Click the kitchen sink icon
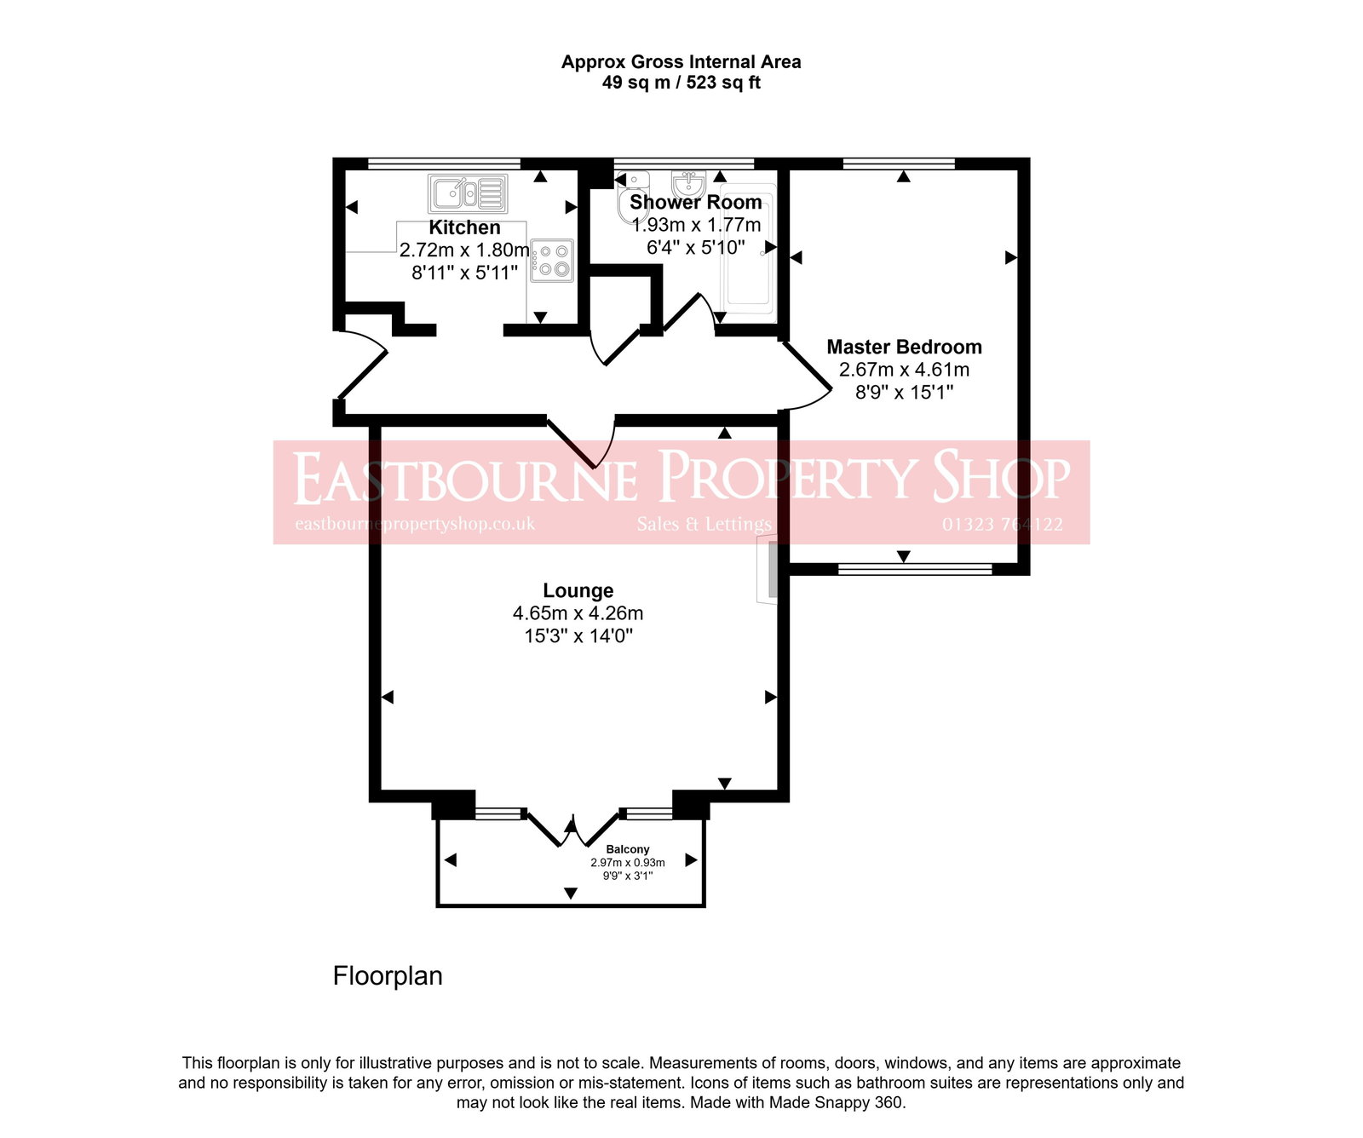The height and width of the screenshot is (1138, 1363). (x=468, y=193)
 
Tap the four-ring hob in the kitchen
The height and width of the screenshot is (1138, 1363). (x=553, y=261)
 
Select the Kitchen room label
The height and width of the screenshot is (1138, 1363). (x=464, y=227)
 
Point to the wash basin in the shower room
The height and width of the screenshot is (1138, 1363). (x=688, y=184)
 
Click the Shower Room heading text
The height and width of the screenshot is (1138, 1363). (x=695, y=202)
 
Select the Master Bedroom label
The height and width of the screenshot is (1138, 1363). (x=904, y=347)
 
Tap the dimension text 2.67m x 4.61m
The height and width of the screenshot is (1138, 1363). (x=904, y=370)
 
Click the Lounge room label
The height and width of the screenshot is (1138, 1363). (x=578, y=590)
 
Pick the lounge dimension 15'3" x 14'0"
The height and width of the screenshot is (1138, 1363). (x=578, y=635)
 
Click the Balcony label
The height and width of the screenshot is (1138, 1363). (x=627, y=849)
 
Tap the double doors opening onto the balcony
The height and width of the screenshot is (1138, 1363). (x=572, y=829)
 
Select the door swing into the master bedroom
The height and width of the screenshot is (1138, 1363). (x=806, y=375)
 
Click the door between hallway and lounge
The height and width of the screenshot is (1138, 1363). (x=581, y=443)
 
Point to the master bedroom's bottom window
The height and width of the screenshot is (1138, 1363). (x=915, y=568)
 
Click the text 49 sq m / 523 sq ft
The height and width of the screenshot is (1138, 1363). (x=681, y=83)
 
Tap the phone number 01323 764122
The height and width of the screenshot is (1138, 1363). (x=1002, y=525)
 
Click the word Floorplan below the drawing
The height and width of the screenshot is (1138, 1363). (x=388, y=976)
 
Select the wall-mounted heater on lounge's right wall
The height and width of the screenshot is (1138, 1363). (x=770, y=570)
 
